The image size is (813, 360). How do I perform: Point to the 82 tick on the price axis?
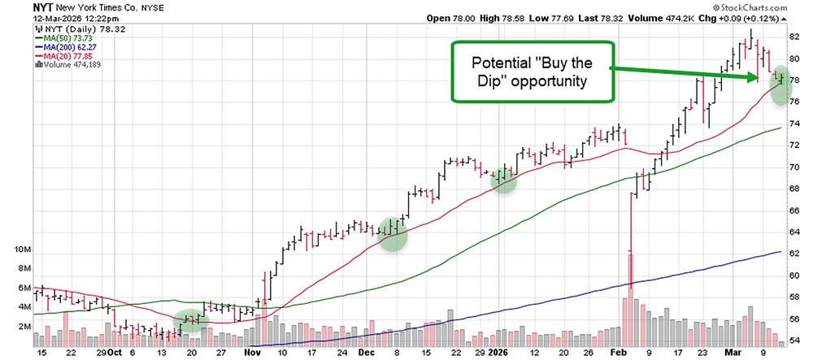[794, 37]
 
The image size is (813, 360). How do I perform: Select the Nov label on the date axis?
[252, 353]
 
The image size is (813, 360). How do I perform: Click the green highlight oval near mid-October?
[192, 319]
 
